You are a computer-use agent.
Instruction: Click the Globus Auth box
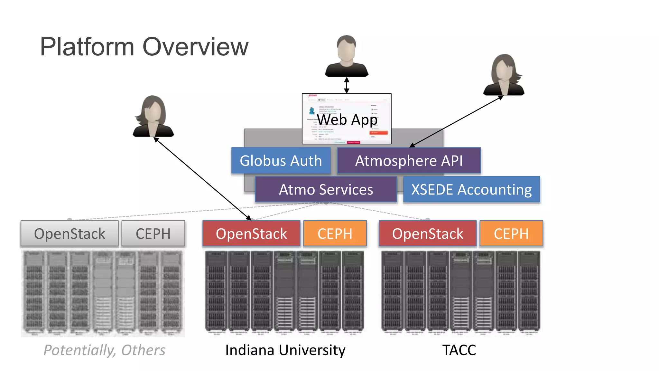[281, 161]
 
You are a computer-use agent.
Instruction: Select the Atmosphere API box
[409, 161]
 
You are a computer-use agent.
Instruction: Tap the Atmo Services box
[326, 189]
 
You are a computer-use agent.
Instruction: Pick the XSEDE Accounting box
[471, 189]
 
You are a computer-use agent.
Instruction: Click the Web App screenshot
[347, 119]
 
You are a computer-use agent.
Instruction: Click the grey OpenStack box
[70, 233]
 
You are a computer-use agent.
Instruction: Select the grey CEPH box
[153, 233]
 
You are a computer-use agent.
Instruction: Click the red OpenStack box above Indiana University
[251, 233]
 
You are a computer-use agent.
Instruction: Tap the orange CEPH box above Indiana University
[335, 233]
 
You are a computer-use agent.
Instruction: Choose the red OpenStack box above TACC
[427, 233]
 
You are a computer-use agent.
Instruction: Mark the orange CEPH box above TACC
[511, 233]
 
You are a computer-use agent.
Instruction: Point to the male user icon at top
[347, 56]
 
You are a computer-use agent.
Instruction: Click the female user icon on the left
[153, 117]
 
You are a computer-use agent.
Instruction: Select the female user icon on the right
[504, 75]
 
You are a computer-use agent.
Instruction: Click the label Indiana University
[285, 350]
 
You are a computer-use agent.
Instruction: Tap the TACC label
[459, 350]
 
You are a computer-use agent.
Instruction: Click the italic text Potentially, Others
[104, 350]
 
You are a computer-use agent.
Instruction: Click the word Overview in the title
[195, 47]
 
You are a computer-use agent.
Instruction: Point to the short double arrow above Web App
[347, 85]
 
